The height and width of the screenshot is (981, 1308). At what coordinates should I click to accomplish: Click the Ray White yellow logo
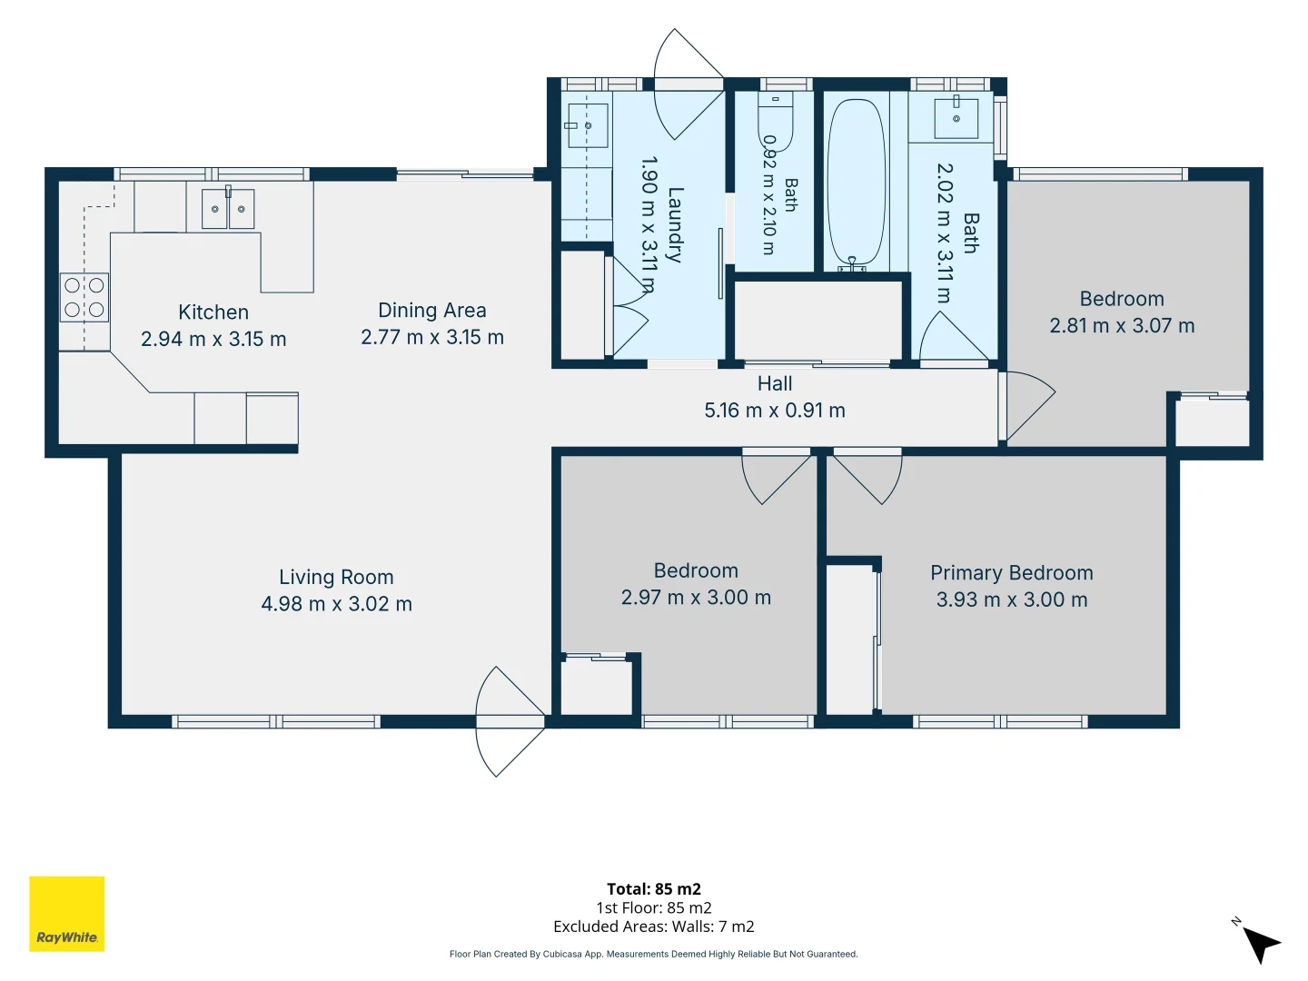(x=66, y=913)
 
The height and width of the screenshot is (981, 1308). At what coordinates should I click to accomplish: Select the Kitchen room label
(x=213, y=312)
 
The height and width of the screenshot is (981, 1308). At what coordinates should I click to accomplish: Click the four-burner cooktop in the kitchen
(x=84, y=297)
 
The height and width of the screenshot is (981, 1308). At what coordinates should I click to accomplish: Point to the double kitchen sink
(x=228, y=209)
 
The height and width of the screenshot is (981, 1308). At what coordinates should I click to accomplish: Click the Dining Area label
(x=432, y=311)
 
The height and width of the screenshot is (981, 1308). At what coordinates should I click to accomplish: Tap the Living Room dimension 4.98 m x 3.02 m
(x=337, y=604)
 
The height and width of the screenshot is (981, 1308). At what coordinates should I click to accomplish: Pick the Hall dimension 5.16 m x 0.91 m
(x=775, y=411)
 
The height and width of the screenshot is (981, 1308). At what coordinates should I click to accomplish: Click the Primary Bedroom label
(x=1012, y=573)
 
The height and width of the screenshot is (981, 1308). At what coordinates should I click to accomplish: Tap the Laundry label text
(x=675, y=224)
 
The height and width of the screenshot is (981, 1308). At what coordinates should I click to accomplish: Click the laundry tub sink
(x=588, y=125)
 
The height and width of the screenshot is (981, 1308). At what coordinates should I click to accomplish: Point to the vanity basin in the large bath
(x=956, y=118)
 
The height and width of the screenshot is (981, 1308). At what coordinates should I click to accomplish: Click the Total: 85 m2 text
(x=654, y=889)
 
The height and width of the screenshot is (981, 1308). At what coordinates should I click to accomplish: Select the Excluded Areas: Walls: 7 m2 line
(x=654, y=926)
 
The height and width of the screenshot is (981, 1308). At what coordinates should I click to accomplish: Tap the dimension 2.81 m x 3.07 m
(x=1122, y=326)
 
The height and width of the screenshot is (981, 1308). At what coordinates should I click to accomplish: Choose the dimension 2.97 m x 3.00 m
(x=696, y=598)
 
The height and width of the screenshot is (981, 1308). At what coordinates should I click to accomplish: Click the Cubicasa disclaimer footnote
(x=654, y=954)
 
